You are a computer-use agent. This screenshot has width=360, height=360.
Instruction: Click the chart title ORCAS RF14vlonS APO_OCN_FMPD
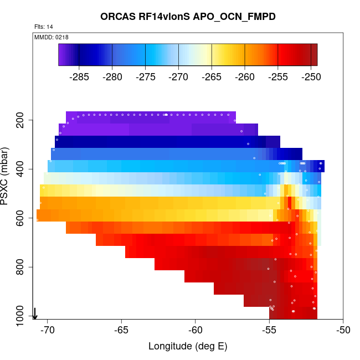[x=188, y=17]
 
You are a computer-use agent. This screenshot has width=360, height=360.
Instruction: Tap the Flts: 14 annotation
[x=44, y=27]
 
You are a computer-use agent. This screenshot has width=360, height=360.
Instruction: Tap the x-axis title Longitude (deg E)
[x=188, y=347]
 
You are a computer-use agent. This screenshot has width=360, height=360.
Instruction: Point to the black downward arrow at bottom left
[x=35, y=313]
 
